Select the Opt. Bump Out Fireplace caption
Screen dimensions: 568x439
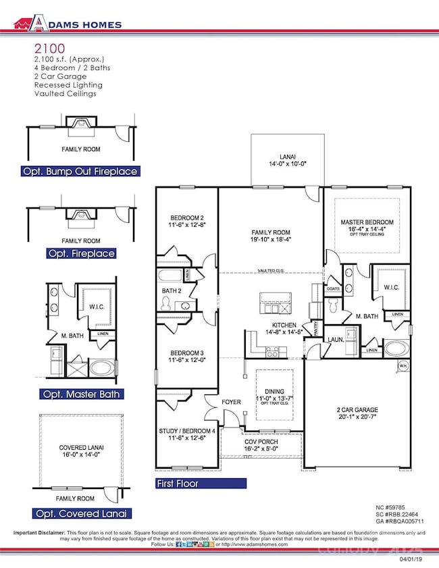pyautogui.click(x=80, y=171)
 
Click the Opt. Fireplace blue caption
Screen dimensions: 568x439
pyautogui.click(x=80, y=253)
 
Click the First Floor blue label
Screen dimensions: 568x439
pyautogui.click(x=197, y=484)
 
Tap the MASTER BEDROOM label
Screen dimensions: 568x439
pyautogui.click(x=367, y=223)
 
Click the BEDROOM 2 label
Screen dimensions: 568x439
pyautogui.click(x=186, y=217)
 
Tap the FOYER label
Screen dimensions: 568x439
pyautogui.click(x=231, y=403)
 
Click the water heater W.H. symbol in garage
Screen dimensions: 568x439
pyautogui.click(x=403, y=367)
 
